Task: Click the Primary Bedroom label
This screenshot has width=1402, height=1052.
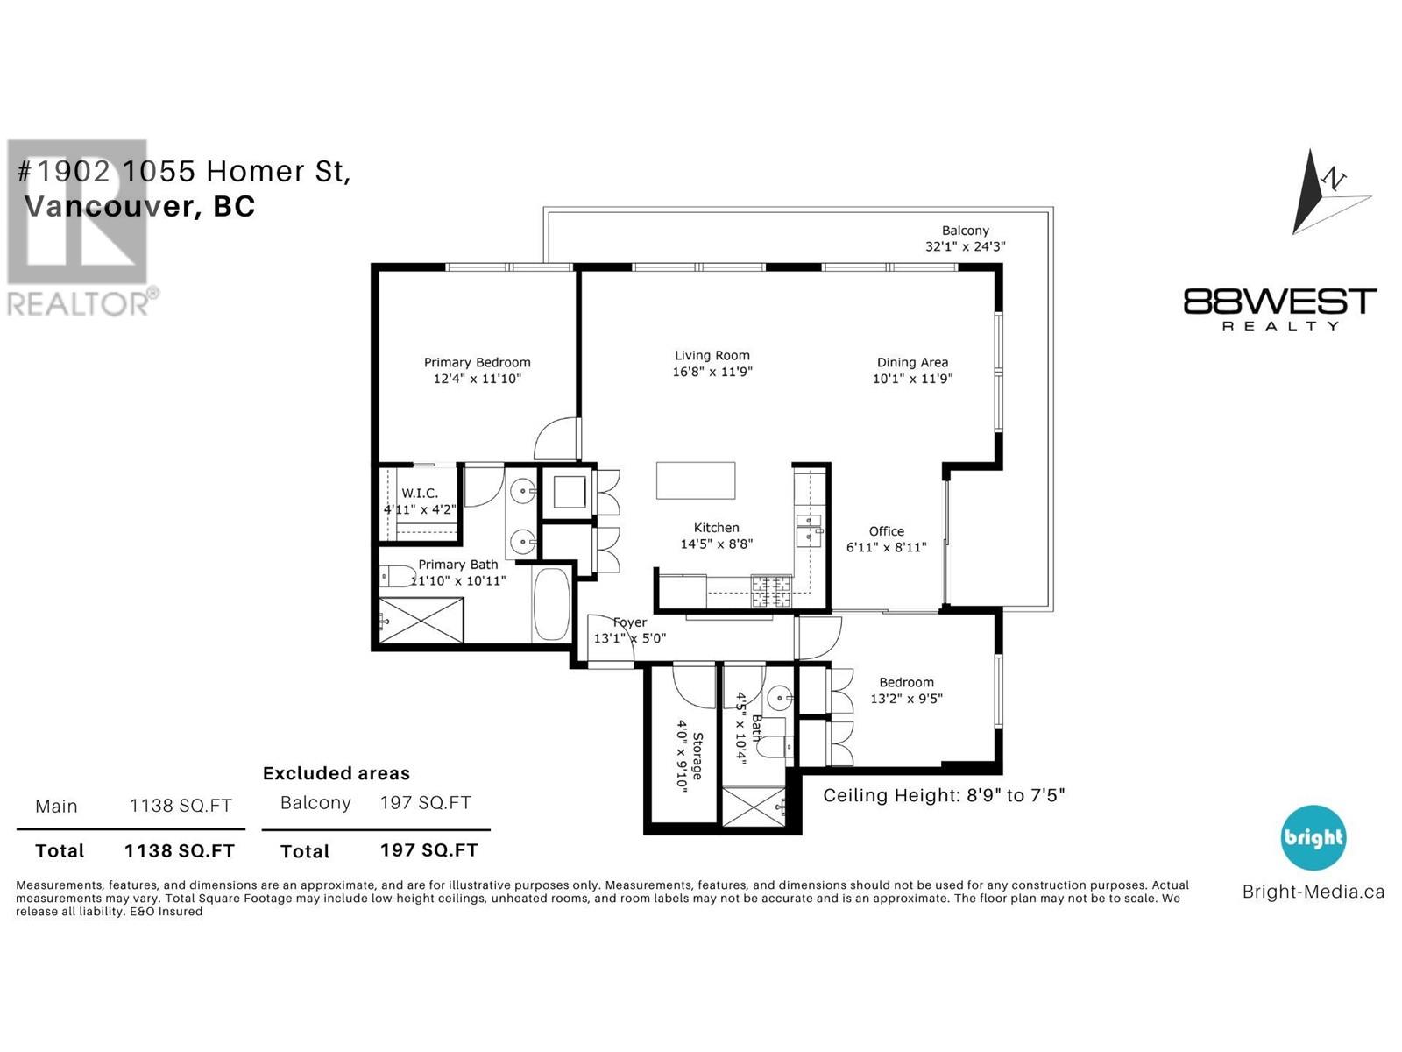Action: (477, 362)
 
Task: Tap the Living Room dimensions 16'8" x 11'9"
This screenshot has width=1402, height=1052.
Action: (712, 372)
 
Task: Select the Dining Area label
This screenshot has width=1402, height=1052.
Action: (912, 363)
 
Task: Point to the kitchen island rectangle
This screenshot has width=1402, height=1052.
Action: (696, 480)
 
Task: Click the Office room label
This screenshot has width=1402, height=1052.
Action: (886, 531)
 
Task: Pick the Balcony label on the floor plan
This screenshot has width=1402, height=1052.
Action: (965, 231)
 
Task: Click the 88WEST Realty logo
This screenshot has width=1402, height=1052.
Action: (1280, 309)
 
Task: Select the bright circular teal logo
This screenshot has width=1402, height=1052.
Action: (1313, 837)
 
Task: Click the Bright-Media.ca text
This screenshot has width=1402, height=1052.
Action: (1313, 892)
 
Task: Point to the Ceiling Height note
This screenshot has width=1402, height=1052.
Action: (944, 795)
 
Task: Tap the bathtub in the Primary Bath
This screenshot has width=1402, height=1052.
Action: (551, 604)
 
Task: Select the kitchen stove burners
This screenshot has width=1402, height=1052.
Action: (771, 592)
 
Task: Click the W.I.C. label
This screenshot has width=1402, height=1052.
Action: (420, 493)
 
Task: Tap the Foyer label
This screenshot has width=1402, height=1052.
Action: (630, 622)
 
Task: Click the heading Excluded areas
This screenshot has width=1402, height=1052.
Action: (336, 773)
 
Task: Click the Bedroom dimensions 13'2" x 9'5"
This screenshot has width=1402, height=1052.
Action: (906, 699)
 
